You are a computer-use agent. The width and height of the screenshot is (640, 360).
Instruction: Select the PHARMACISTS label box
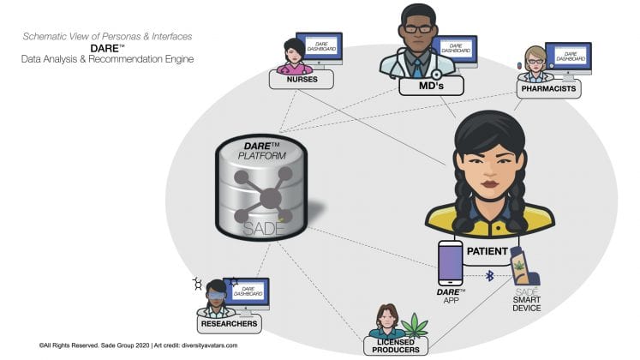[549, 88]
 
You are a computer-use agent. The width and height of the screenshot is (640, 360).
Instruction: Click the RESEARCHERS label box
[227, 325]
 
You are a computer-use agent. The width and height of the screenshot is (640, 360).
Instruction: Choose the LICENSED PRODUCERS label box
[396, 346]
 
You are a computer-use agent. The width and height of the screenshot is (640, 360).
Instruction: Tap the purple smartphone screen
[450, 262]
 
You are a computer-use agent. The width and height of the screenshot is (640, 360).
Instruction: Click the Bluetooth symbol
[489, 276]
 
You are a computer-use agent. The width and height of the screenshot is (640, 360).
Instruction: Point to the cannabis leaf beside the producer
[416, 325]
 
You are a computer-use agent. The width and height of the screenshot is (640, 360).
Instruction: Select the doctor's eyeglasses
[417, 28]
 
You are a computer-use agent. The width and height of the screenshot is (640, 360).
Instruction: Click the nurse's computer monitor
[320, 46]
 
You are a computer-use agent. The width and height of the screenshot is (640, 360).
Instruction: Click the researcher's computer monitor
[246, 291]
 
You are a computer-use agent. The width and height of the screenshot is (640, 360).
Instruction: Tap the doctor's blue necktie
[417, 64]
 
